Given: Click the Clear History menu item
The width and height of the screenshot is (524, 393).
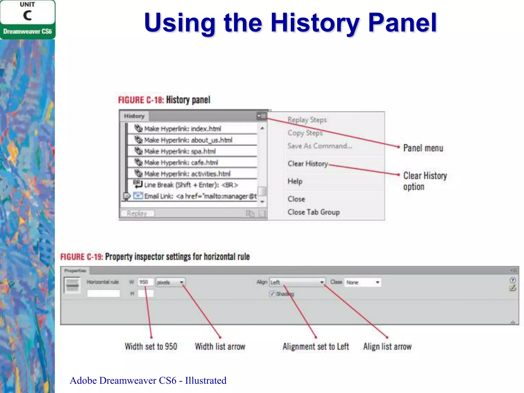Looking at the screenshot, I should click(308, 163).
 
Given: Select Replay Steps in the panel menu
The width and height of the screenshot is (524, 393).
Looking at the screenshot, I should click(307, 120).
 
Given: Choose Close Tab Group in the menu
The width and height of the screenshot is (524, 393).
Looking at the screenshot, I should click(314, 212).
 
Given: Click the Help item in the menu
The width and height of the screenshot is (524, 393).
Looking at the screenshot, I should click(295, 181).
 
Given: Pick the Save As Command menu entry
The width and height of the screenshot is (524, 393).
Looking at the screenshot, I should click(320, 146).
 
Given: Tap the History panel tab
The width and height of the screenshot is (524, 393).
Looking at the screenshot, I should click(134, 116).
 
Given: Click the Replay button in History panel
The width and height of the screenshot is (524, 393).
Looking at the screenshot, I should click(137, 213).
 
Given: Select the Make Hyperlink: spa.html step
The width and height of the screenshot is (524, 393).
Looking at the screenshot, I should click(180, 151).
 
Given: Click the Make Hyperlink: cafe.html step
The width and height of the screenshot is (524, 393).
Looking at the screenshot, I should click(181, 162).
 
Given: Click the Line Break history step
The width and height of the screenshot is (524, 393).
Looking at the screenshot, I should click(191, 185).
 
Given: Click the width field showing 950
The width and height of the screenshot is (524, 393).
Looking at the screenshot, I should click(145, 282).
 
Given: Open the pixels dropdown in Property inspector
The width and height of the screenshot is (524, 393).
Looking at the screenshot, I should click(170, 282).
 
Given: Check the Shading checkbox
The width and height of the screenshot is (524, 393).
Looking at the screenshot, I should click(272, 294).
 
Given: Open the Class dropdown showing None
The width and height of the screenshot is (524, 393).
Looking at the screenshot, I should click(363, 282).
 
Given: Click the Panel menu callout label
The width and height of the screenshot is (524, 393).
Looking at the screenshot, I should click(423, 148).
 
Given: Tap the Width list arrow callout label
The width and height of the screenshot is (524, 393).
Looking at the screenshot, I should click(220, 347).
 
